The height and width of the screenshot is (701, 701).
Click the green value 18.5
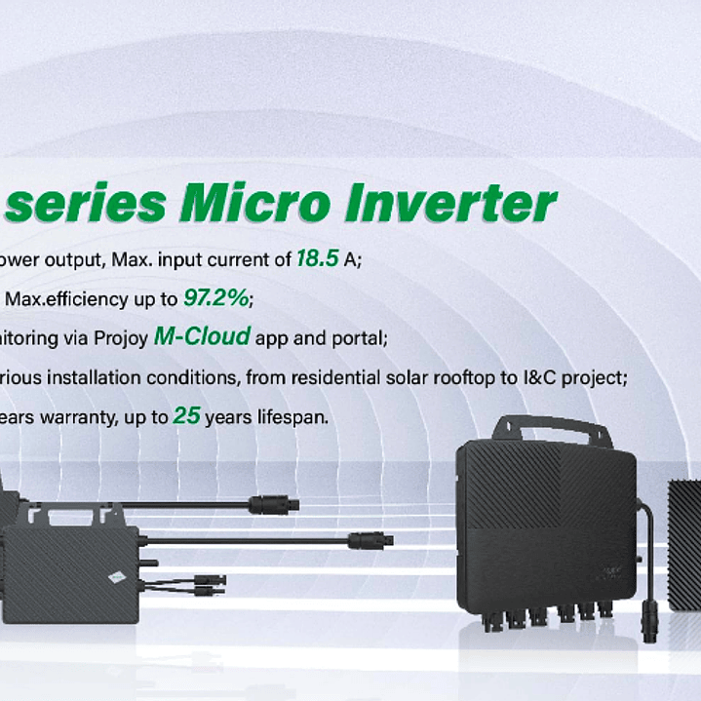318,259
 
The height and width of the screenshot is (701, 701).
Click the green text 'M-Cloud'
201,337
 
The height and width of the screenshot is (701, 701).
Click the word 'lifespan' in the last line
296,416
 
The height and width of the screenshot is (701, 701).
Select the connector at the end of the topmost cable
268,504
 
